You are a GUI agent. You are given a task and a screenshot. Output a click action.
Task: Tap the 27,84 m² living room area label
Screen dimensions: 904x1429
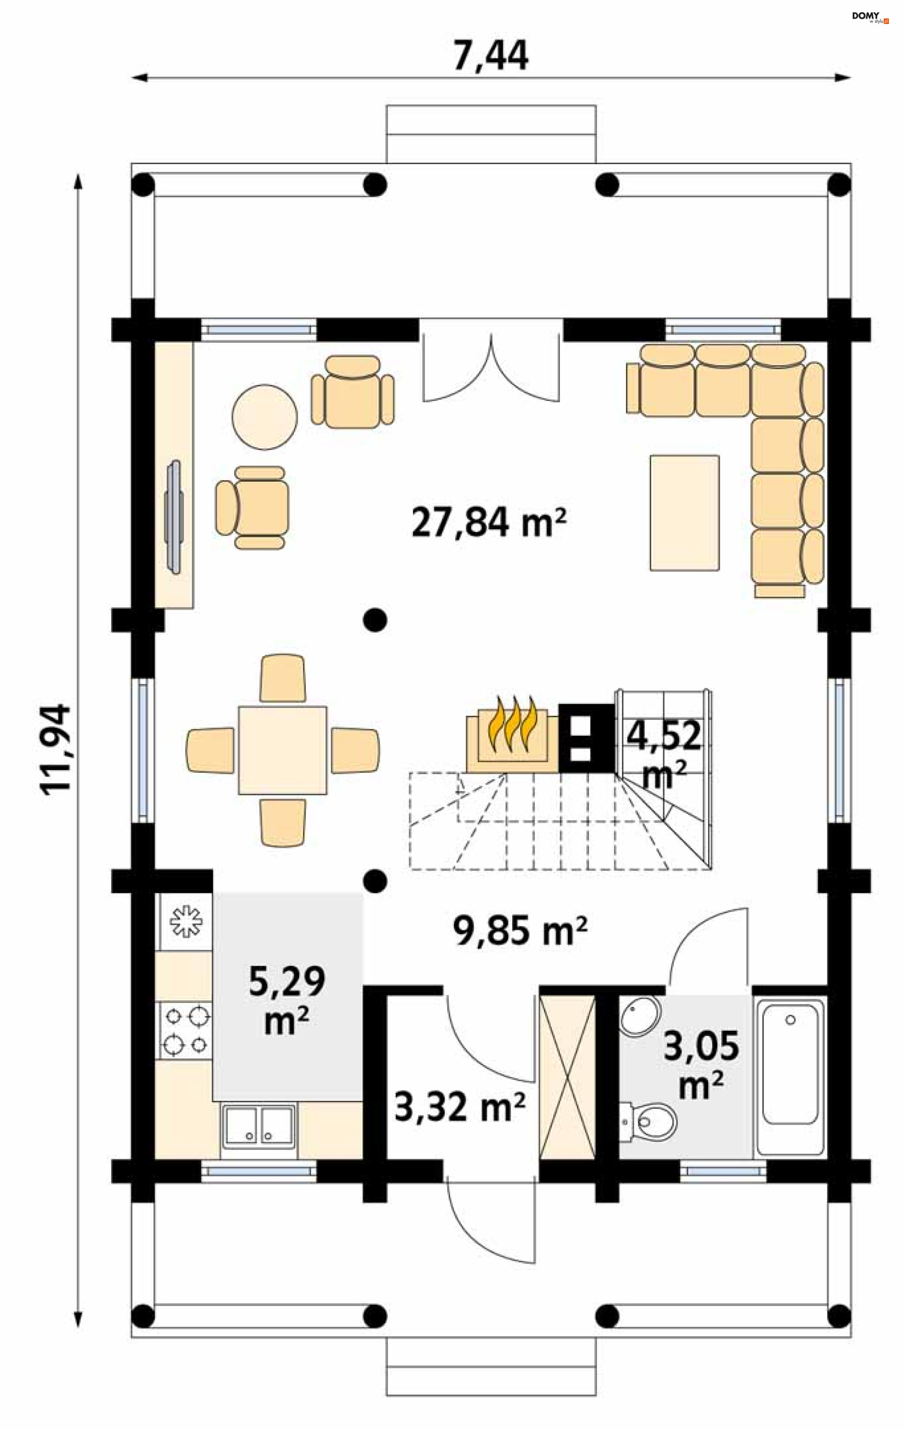coord(489,523)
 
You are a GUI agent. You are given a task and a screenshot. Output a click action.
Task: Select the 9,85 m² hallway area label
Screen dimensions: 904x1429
coord(520,930)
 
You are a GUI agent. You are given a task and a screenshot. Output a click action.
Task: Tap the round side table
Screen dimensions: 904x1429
coord(264,417)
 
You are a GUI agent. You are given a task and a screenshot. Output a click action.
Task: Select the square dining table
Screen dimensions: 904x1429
coord(282,750)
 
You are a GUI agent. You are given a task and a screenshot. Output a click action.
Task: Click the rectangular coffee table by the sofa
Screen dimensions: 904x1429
coord(685,513)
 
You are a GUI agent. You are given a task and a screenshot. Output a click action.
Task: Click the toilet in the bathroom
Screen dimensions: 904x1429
coord(649,1122)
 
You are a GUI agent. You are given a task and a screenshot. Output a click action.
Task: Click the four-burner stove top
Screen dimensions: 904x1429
coord(185,1030)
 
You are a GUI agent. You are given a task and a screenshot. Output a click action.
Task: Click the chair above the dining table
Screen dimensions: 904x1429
coord(282,678)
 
